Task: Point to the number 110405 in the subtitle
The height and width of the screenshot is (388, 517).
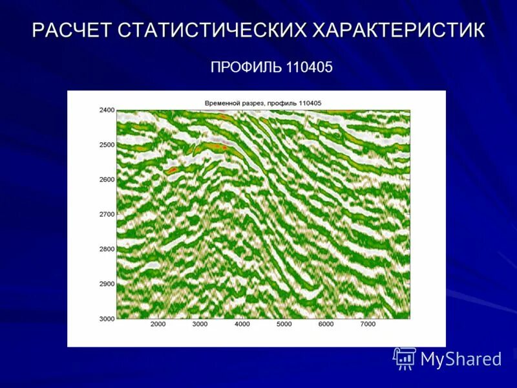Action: tap(308, 67)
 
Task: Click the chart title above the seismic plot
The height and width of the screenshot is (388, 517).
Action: tap(263, 103)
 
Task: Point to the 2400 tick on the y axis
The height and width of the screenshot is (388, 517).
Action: tap(106, 110)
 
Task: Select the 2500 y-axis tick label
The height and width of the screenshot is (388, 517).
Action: tap(106, 145)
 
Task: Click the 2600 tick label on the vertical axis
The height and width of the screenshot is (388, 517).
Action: tap(106, 179)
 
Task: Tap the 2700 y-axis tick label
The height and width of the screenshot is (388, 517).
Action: tap(106, 214)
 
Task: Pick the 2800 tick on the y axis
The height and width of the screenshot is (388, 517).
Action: tap(106, 249)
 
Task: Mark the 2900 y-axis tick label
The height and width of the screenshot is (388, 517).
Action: tap(106, 284)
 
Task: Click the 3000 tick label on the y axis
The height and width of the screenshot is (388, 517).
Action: tap(106, 318)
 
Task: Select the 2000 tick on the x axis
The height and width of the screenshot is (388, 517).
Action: tap(158, 324)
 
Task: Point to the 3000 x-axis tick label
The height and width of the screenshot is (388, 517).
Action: tap(200, 324)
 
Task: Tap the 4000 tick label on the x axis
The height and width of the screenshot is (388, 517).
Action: tap(242, 324)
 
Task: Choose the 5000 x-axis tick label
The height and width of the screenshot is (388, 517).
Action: tap(284, 324)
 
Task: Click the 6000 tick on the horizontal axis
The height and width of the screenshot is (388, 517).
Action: tap(326, 324)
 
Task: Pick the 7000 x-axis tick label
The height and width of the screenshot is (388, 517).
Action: tap(368, 324)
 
